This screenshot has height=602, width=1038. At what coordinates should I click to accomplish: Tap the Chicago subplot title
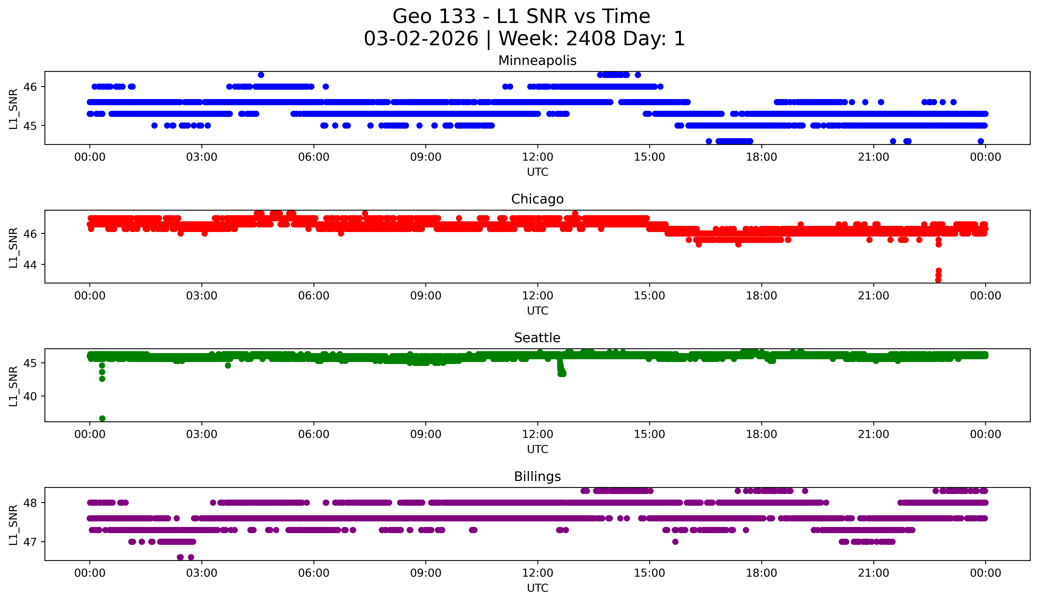point(537,199)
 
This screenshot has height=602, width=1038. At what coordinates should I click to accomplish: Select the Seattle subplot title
point(537,338)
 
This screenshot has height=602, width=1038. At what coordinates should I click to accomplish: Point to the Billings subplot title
point(537,477)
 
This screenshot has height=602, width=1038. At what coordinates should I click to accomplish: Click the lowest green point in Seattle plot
point(102,418)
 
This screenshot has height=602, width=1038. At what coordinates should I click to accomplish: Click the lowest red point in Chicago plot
point(938,280)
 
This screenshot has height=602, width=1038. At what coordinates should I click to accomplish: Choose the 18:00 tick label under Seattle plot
point(761,434)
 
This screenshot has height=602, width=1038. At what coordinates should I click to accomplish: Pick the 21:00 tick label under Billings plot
point(873,573)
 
